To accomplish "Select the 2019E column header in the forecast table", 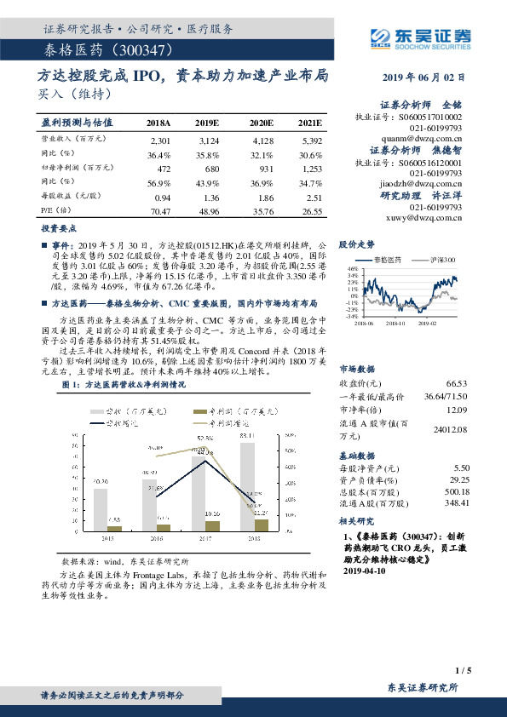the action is point(209,123).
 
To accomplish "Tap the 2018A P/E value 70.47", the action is point(159,211).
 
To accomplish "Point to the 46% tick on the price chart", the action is point(352,268).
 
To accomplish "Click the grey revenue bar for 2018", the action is point(247,485).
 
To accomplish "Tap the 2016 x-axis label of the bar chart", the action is point(149,538).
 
